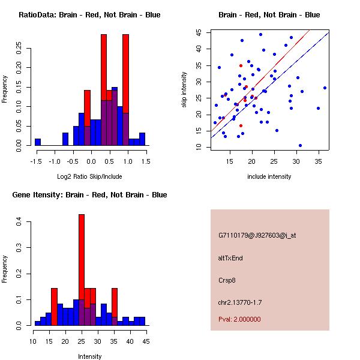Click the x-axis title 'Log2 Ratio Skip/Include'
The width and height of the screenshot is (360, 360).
[89, 176]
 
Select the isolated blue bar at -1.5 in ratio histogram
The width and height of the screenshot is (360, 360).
[37, 142]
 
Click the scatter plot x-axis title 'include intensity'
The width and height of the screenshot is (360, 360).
[269, 176]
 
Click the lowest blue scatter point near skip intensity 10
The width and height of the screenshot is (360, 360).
[300, 145]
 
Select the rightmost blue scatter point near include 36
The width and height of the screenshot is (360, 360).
[325, 88]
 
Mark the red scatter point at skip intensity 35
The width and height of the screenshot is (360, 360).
[241, 65]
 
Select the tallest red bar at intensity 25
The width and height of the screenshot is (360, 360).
[82, 269]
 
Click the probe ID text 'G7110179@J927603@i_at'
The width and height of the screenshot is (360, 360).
[257, 235]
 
